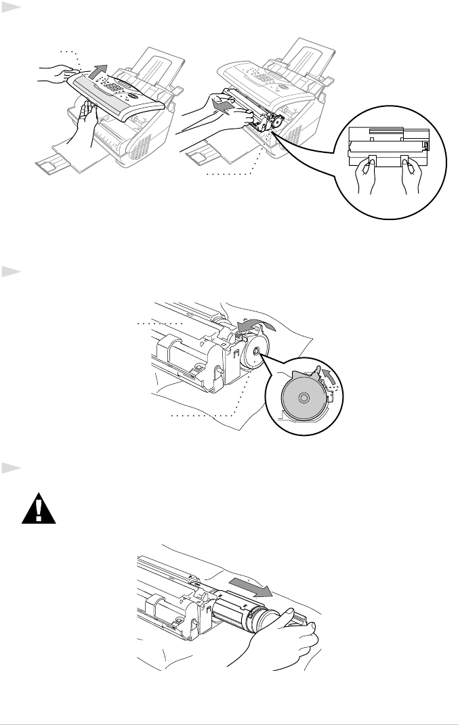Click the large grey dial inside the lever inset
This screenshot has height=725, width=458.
coord(302,397)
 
